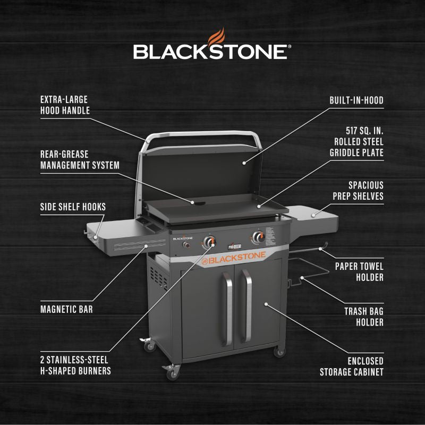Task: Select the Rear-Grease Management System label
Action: coord(80,159)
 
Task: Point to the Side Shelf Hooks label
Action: coord(73,207)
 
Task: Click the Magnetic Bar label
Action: coord(66,309)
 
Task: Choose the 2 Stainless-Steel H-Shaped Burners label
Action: coord(75,365)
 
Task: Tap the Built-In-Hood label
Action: coord(356,100)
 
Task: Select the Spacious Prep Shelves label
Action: coord(358,190)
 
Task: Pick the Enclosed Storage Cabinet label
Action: coord(351,366)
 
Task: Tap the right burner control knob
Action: coord(259,237)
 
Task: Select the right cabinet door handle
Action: coord(246,305)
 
